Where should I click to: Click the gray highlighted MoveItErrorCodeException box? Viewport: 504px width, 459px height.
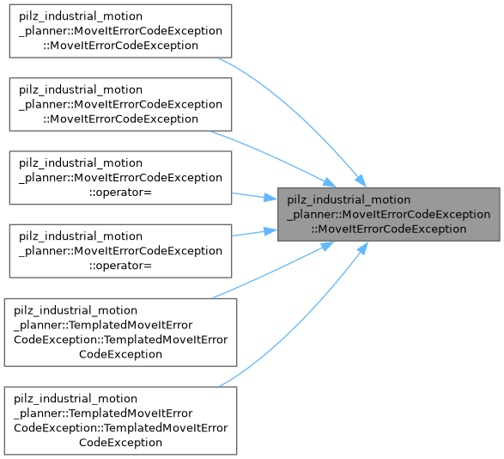(x=389, y=214)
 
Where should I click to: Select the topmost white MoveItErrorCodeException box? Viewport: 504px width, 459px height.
(x=120, y=31)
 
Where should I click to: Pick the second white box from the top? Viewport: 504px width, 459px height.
(x=120, y=104)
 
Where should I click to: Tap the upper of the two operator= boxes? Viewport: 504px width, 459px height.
(x=120, y=178)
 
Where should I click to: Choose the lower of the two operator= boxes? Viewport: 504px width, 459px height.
(x=120, y=251)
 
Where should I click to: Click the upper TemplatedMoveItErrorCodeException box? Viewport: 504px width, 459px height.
(x=120, y=332)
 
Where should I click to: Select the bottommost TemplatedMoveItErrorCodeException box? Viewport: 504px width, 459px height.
(x=120, y=420)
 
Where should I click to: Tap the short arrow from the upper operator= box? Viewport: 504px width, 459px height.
(x=254, y=196)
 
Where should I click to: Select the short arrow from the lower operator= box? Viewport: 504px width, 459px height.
(x=254, y=233)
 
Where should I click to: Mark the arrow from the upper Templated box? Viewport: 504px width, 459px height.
(x=273, y=271)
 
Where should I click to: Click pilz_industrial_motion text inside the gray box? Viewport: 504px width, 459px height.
(x=349, y=200)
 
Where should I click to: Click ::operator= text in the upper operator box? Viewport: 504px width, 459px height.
(x=120, y=193)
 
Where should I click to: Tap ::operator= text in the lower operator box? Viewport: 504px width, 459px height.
(x=120, y=266)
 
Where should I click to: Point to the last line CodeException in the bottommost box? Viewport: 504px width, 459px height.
(x=120, y=443)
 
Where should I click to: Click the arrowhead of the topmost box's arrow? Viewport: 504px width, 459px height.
(x=361, y=181)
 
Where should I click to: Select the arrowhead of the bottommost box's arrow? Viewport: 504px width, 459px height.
(x=363, y=248)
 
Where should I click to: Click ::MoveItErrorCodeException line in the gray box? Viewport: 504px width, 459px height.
(x=389, y=229)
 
